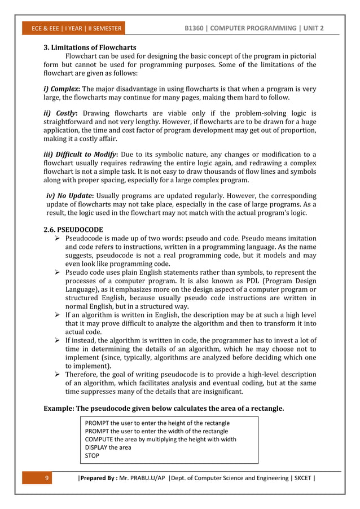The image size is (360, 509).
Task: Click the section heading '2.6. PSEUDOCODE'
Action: coord(73,230)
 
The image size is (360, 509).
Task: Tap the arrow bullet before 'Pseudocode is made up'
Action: coord(57,239)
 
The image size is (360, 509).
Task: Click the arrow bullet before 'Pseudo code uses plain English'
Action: coord(57,273)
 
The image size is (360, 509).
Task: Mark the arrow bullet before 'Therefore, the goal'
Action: coord(57,374)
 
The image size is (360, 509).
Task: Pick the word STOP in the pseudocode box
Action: coord(91,455)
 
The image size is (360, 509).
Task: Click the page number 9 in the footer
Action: coord(48,479)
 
